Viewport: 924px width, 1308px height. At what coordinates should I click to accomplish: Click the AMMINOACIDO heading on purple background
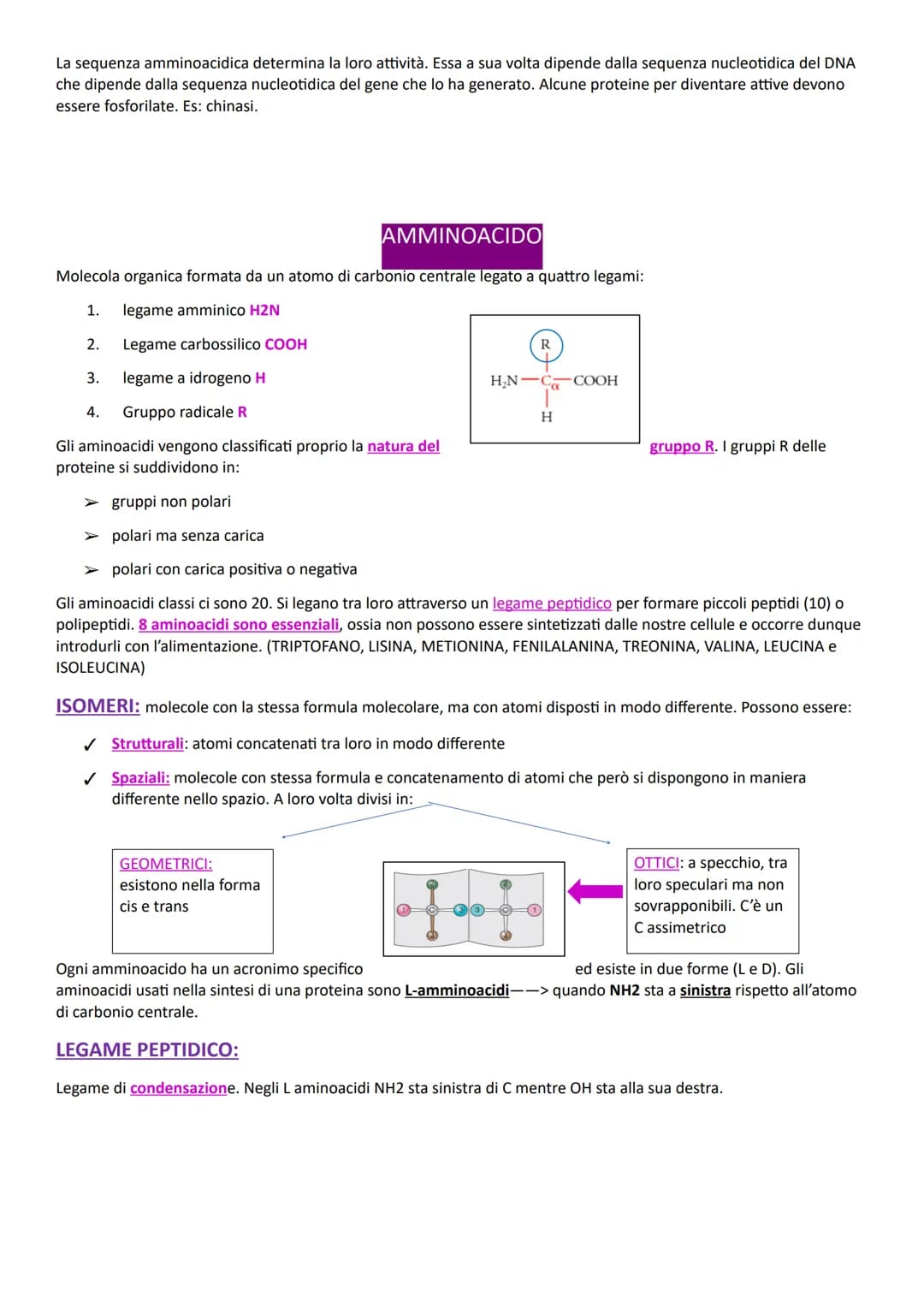tap(461, 236)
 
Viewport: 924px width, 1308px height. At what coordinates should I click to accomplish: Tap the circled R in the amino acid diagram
tap(545, 345)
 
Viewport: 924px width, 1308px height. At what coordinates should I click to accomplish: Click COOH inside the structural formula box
tap(595, 381)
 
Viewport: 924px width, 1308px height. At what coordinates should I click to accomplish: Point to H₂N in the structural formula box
tap(505, 381)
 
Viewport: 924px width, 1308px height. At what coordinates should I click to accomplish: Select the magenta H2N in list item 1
tap(264, 310)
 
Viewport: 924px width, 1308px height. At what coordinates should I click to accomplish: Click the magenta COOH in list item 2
tap(286, 344)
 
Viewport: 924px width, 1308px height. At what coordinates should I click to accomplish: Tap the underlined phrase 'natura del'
tap(403, 446)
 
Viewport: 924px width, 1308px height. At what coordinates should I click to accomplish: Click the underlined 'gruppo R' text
tap(682, 446)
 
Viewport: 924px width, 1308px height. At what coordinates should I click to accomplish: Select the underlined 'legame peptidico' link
tap(552, 603)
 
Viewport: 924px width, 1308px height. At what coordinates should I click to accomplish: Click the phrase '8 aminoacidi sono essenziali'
tap(239, 625)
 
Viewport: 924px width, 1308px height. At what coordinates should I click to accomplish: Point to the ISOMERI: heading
tap(98, 706)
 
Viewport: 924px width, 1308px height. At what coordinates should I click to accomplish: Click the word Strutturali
tap(147, 744)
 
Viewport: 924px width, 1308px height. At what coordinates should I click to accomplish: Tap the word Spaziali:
tap(140, 777)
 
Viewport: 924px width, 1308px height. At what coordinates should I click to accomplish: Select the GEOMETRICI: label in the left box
tap(166, 864)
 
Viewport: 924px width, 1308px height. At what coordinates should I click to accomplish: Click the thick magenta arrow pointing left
tap(595, 891)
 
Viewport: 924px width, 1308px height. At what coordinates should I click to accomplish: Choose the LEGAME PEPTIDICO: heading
tap(147, 1050)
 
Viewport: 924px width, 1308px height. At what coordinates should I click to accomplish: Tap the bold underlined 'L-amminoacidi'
tap(457, 990)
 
